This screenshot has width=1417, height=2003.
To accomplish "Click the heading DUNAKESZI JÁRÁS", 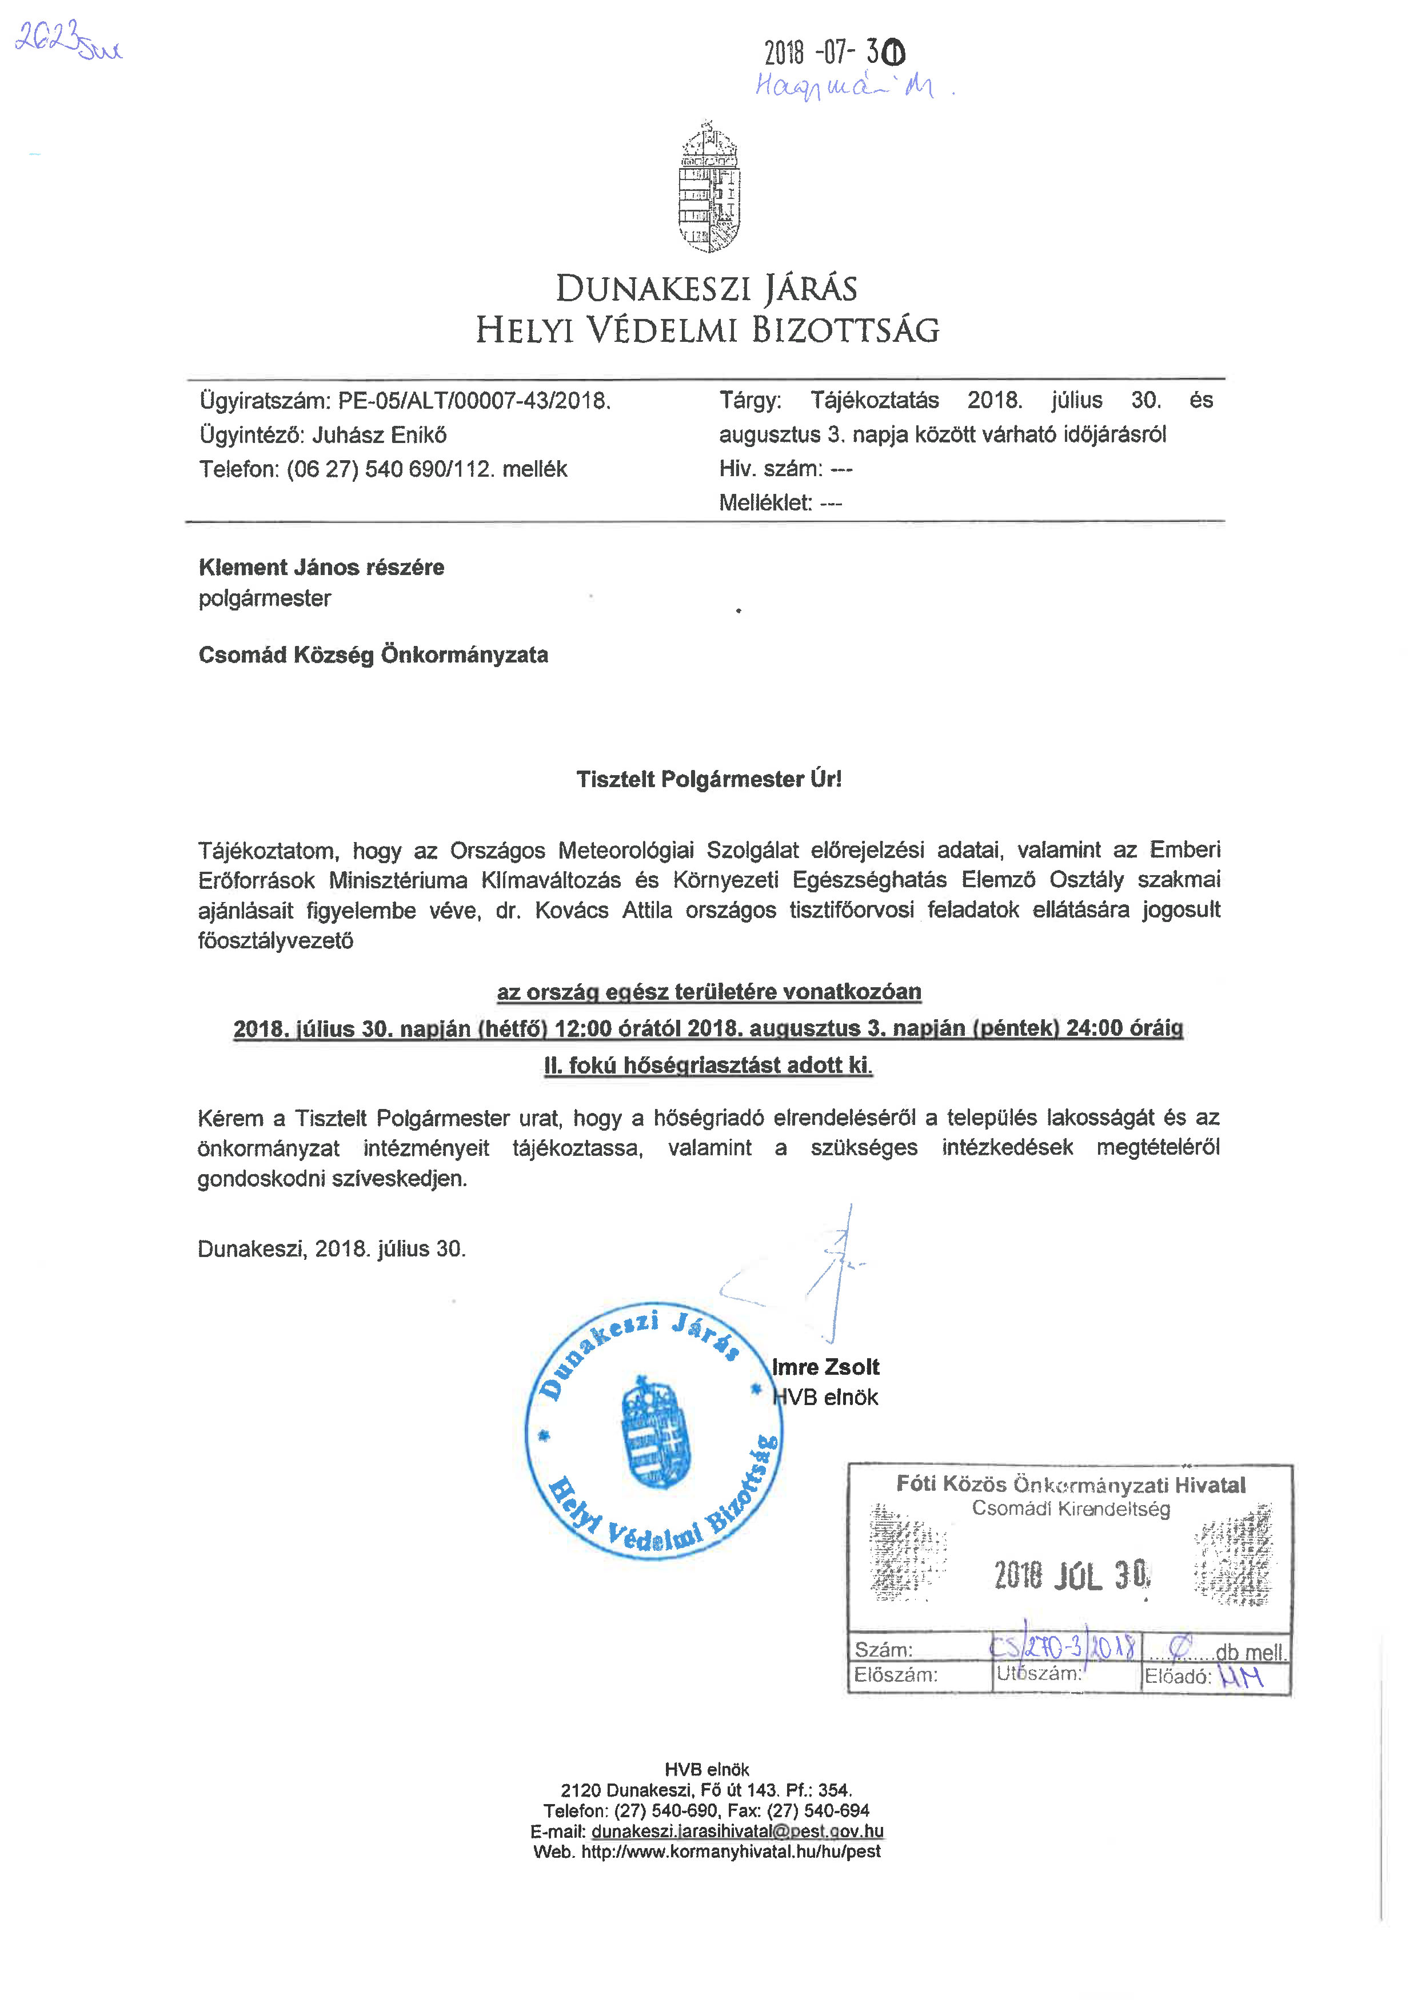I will click(706, 289).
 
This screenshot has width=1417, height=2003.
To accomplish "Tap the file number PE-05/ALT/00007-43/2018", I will click(474, 400).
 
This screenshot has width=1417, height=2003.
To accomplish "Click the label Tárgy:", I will click(749, 400).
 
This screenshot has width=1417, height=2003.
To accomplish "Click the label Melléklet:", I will click(765, 502).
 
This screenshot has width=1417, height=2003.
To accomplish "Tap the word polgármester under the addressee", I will click(265, 598).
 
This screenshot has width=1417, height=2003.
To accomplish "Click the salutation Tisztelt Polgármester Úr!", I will click(709, 779).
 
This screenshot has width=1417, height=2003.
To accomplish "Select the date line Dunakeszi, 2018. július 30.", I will click(332, 1248).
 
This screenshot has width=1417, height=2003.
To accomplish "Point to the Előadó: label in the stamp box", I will click(1177, 1676).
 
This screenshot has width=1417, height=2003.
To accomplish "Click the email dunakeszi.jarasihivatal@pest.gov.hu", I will click(737, 1831).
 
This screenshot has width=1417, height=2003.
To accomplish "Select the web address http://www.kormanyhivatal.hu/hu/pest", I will click(731, 1851).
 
